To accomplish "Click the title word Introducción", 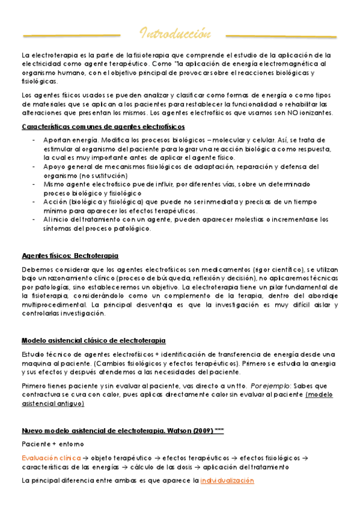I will pyautogui.click(x=176, y=32).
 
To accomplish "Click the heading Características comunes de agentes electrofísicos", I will pyautogui.click(x=103, y=126).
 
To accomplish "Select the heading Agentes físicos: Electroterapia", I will pyautogui.click(x=70, y=256).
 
